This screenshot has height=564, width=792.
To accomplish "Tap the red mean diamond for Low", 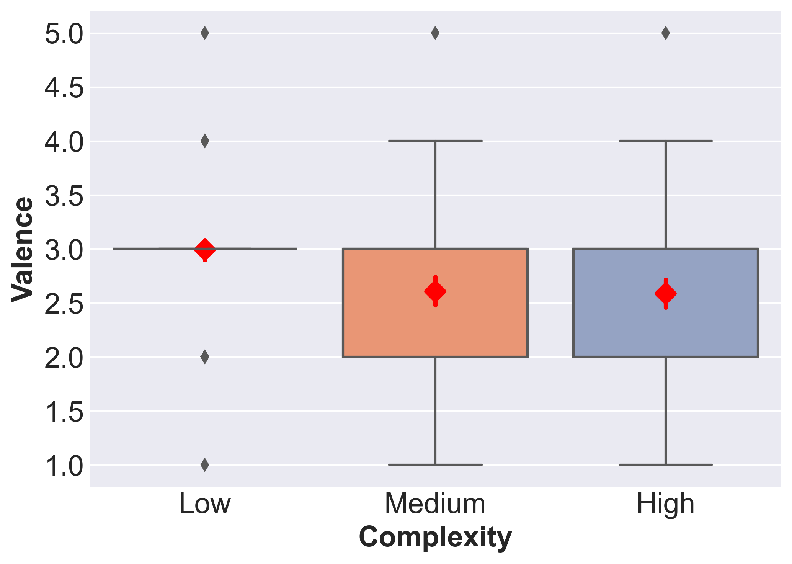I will tap(205, 250).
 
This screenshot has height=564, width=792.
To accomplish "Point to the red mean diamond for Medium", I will tap(435, 291).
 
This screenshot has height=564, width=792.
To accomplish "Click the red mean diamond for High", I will tap(666, 294).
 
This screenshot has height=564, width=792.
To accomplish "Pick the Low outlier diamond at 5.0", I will tap(205, 33).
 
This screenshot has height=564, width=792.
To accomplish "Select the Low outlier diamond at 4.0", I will tap(205, 141).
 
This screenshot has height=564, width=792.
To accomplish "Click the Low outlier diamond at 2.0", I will tap(205, 357).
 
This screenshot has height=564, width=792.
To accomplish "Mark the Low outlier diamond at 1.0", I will tap(205, 465).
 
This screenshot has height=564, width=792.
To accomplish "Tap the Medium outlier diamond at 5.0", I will tap(435, 33).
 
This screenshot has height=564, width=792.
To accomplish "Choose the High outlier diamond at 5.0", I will tap(666, 33).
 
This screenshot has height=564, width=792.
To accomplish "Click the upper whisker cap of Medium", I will tap(435, 141).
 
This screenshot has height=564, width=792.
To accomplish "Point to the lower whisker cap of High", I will tap(666, 465).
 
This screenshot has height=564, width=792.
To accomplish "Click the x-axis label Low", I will tap(205, 504).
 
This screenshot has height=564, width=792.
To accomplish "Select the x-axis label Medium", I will tap(435, 504).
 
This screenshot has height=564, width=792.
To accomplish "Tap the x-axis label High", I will tap(666, 504).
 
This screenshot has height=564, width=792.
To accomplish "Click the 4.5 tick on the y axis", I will tap(64, 88).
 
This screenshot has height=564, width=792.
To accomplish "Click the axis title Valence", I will tap(22, 249).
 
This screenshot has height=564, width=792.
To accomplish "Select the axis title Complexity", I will tap(435, 538).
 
